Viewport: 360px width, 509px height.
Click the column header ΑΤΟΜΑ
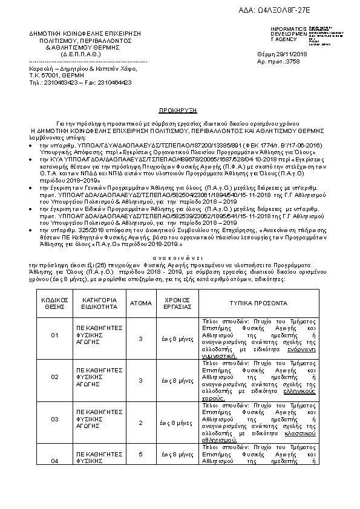[140, 303]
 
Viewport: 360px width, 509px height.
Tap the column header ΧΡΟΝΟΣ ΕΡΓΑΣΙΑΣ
[178, 303]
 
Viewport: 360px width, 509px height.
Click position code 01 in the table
[55, 334]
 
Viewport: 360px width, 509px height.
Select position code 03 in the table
[55, 418]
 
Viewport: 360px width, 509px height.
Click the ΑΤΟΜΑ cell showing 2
[140, 423]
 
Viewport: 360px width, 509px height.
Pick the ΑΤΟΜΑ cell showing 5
[140, 453]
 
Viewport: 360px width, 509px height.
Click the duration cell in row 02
[178, 380]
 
